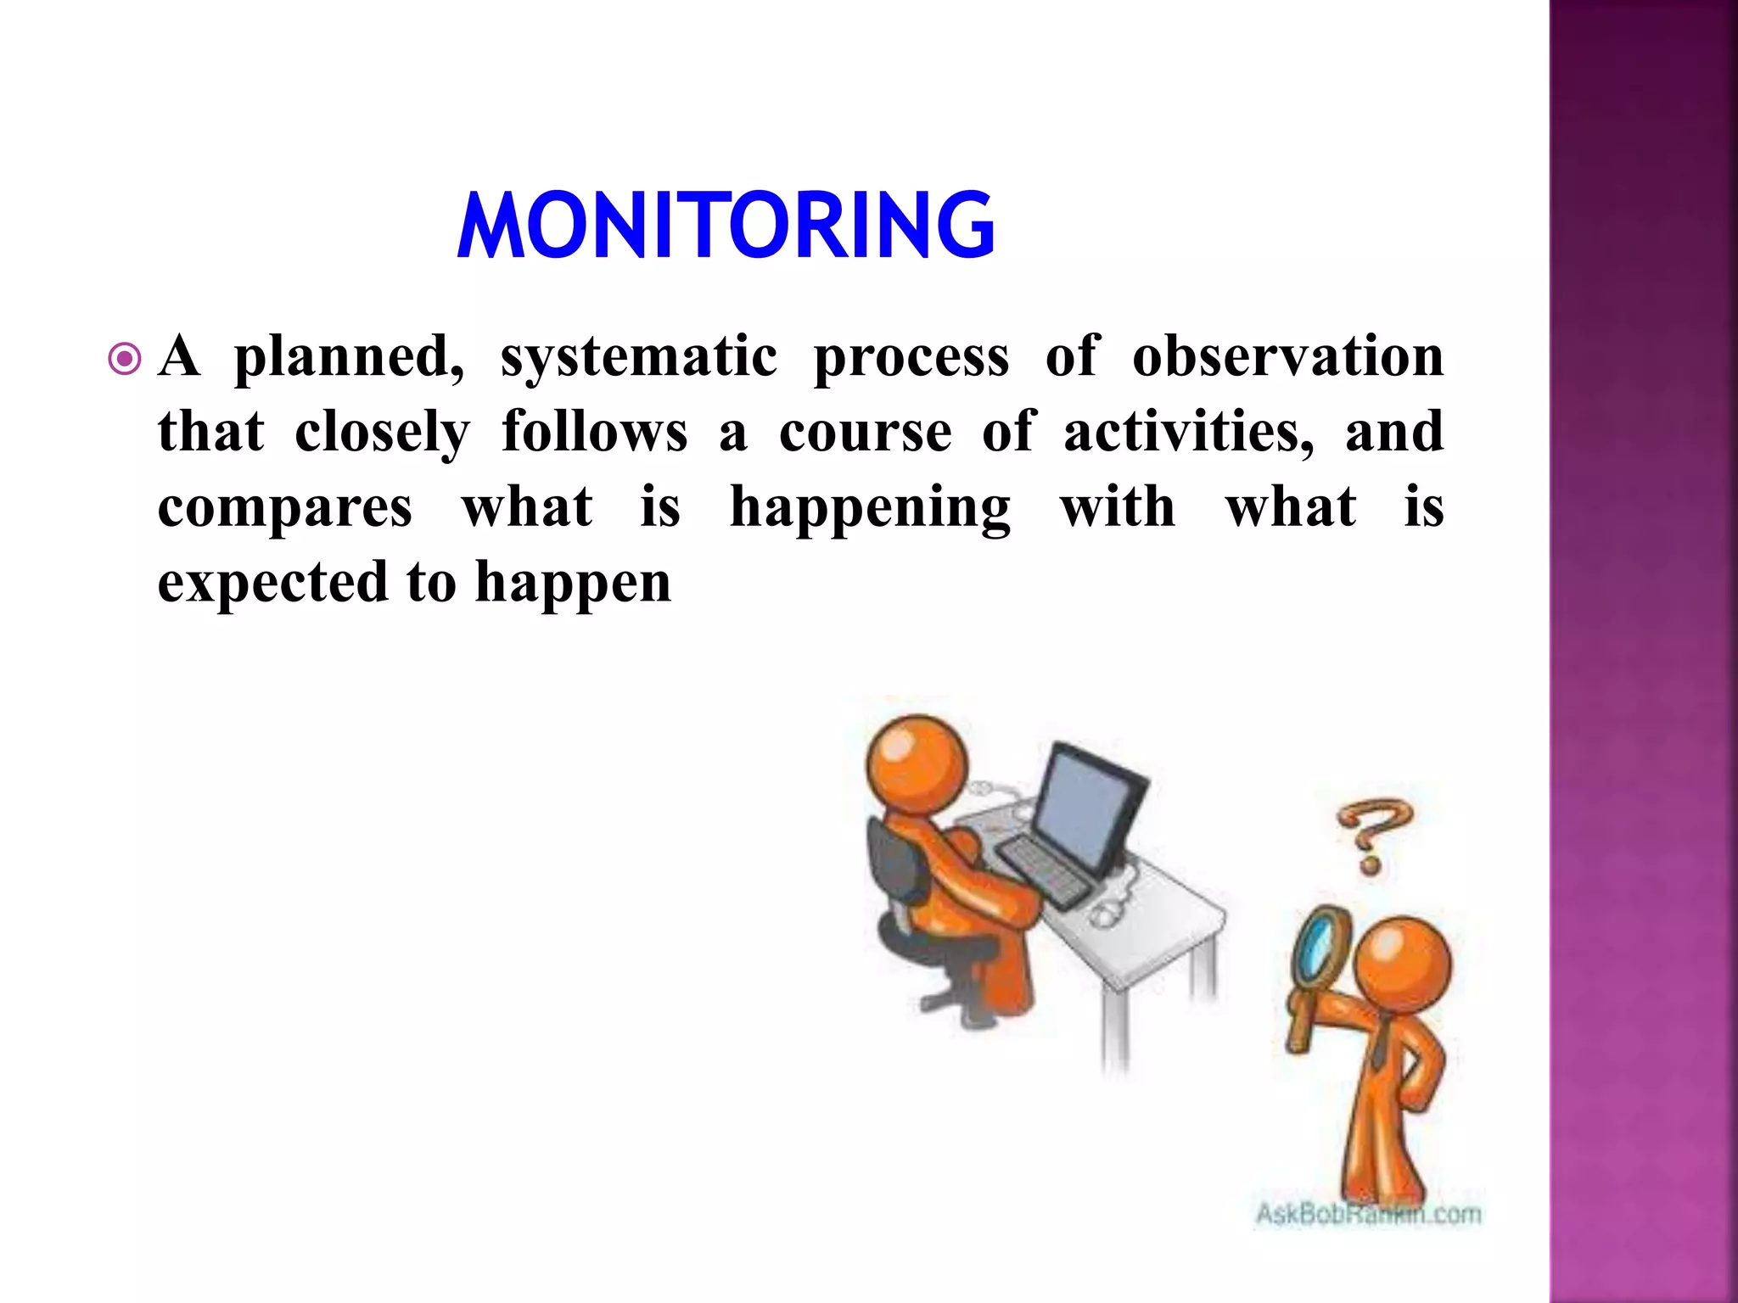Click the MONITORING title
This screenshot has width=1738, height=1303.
[x=726, y=225]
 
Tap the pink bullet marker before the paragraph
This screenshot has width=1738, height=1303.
[x=126, y=359]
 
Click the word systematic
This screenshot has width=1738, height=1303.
[x=638, y=356]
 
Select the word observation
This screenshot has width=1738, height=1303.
[x=1287, y=356]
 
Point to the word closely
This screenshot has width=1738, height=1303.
[x=382, y=433]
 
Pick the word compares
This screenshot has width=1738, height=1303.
[x=285, y=508]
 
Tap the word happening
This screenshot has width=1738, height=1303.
[x=870, y=508]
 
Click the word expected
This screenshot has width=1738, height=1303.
[x=272, y=584]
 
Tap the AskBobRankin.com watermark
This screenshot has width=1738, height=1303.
[x=1368, y=1215]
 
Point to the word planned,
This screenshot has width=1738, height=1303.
[x=349, y=356]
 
